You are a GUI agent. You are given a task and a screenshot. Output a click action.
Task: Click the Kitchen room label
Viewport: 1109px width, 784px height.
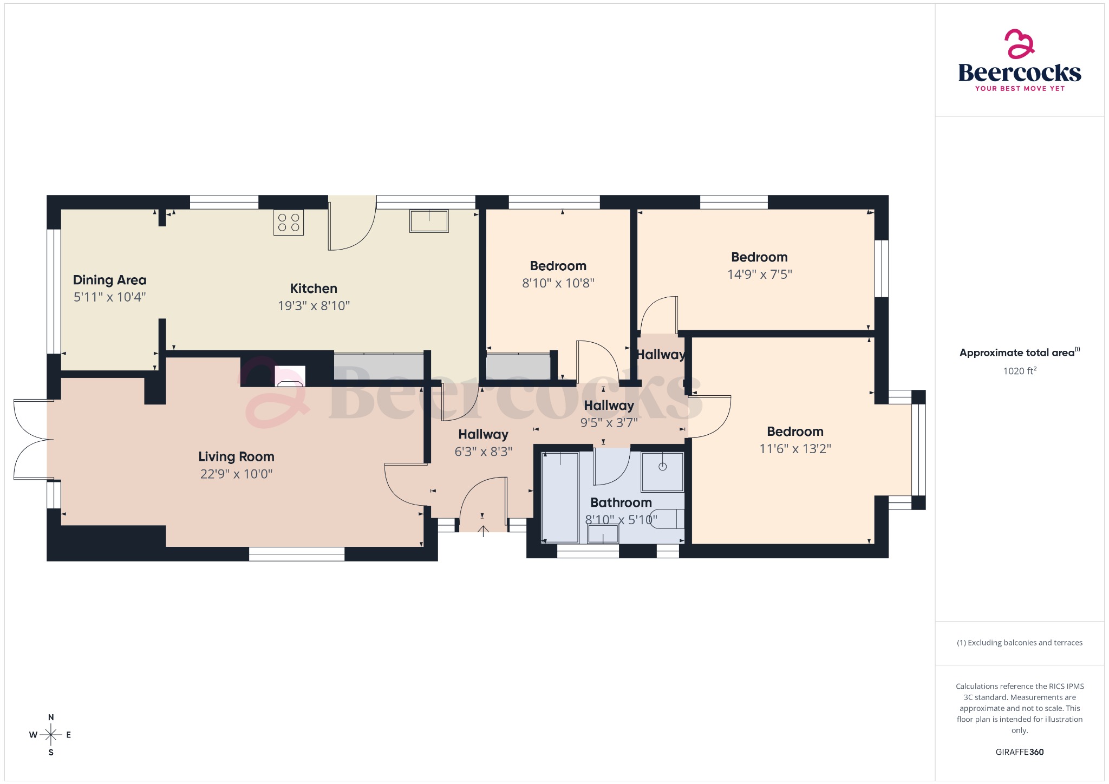point(314,289)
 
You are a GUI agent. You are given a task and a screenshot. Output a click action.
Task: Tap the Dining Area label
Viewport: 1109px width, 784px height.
point(109,280)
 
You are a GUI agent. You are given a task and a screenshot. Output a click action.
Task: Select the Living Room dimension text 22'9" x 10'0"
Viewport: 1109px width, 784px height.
point(236,474)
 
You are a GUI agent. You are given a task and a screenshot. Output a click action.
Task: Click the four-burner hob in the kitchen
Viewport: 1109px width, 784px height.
point(289,222)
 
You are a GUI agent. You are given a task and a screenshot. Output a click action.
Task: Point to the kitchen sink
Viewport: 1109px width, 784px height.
point(429,221)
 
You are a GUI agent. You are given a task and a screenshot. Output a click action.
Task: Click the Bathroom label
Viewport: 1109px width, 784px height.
point(621,502)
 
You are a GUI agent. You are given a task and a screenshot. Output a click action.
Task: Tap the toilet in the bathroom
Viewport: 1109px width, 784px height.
point(668,519)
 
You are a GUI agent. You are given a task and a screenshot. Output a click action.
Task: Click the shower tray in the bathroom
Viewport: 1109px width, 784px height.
point(662,472)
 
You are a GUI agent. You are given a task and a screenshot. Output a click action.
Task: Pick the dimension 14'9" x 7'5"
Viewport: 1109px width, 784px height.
point(759,275)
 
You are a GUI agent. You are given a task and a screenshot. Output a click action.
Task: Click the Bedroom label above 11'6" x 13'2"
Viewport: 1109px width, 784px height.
point(795,432)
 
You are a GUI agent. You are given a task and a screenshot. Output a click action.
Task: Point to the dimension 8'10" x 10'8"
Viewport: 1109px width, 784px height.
point(558,283)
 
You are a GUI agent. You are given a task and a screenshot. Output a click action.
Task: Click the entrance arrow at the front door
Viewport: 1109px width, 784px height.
point(483,530)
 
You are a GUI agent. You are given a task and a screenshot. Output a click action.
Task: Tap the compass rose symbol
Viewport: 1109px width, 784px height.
point(51,735)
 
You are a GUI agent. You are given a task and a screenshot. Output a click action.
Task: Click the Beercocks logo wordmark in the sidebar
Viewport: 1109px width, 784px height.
point(1019,73)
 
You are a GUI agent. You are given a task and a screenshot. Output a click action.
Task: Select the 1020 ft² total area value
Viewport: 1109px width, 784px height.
point(1019,371)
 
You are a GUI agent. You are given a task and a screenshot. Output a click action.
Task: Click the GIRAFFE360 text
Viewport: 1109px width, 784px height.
point(1019,752)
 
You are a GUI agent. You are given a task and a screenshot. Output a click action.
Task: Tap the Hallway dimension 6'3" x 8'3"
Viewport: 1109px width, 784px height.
point(483,452)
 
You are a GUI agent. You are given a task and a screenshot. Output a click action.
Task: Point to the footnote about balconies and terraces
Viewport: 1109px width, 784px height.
point(1019,643)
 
